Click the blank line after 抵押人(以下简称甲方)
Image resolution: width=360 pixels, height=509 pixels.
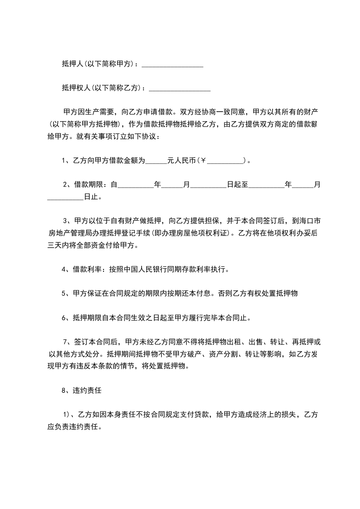tap(173, 66)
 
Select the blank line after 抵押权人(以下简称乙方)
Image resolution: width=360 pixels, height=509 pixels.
tap(180, 88)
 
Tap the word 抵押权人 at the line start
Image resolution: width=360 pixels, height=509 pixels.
tap(75, 88)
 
